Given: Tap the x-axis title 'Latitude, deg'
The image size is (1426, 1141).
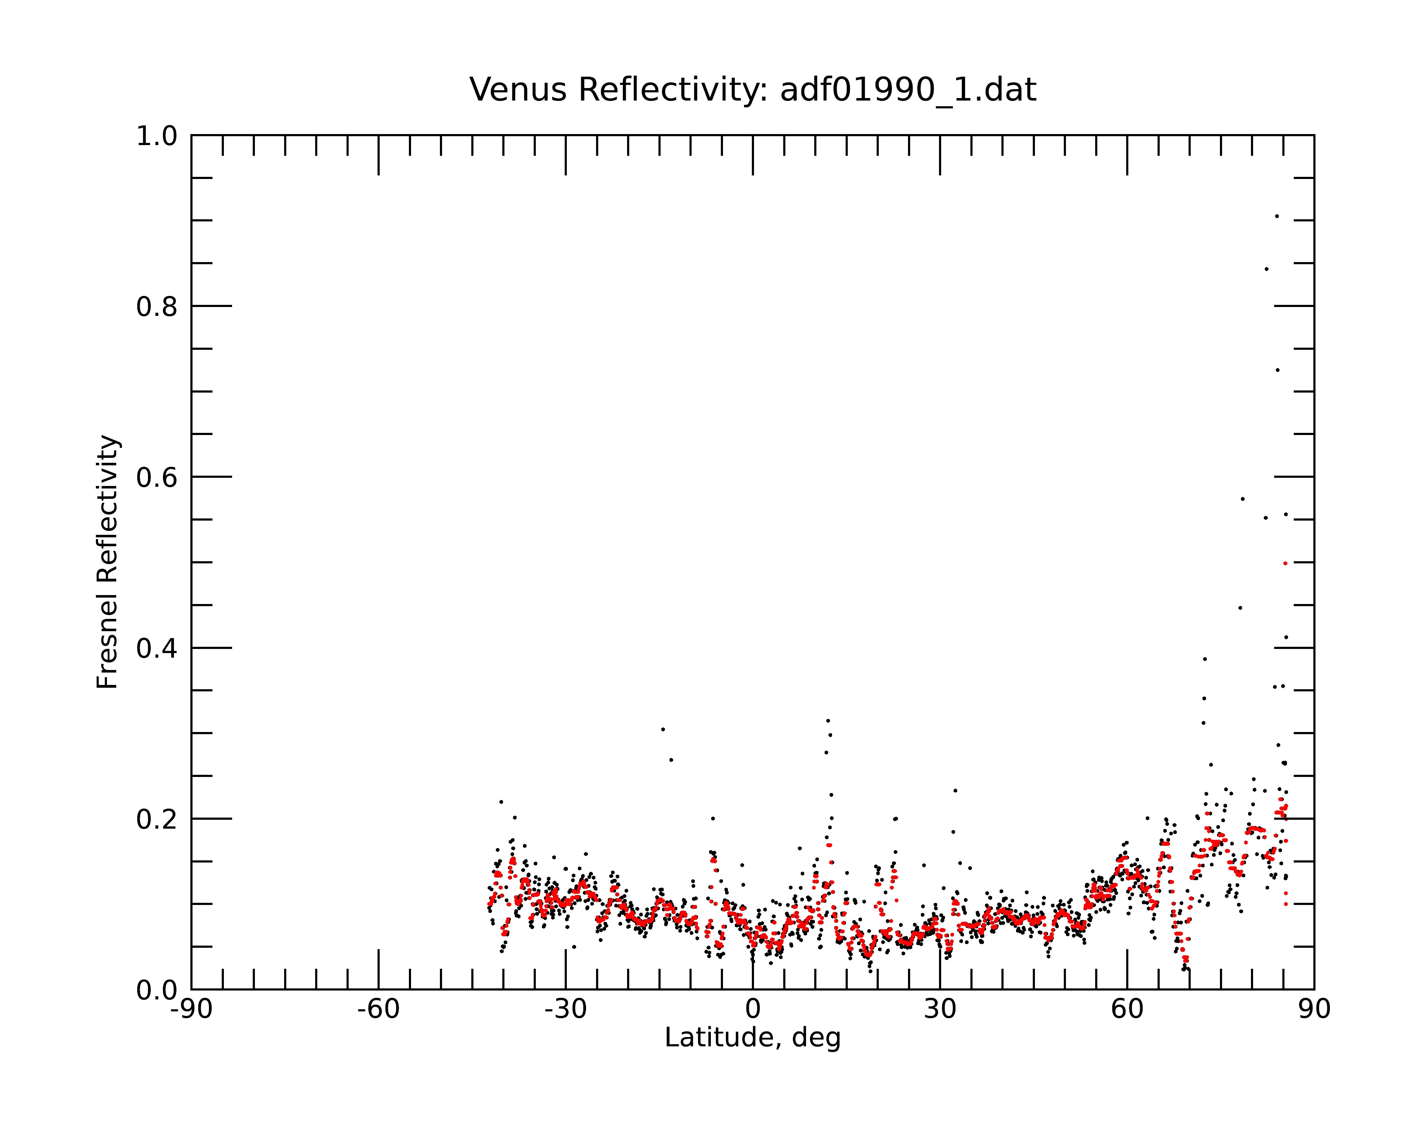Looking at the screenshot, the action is pyautogui.click(x=753, y=1037).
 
